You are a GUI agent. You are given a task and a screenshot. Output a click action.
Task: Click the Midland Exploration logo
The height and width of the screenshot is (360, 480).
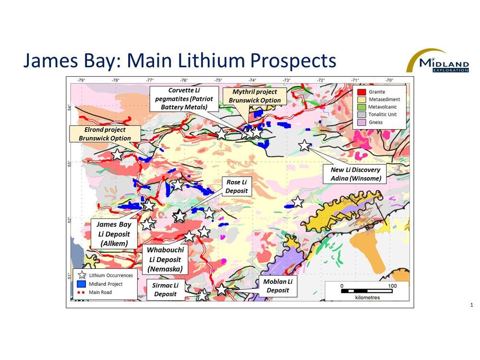438,61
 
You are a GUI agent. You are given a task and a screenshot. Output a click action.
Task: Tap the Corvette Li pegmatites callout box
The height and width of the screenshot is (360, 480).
184,99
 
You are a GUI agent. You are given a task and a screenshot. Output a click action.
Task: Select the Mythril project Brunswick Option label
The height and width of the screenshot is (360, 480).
254,96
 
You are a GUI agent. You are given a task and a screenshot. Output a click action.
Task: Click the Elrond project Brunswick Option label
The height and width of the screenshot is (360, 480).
105,134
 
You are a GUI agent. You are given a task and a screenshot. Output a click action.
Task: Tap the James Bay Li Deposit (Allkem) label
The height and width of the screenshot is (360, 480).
114,234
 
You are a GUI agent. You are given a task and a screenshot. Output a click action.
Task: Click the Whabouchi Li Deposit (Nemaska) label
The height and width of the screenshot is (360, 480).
165,259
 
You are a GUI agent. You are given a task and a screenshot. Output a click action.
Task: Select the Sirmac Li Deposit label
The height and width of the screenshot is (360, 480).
166,289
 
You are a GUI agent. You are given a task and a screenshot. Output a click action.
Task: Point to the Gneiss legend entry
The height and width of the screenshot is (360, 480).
374,122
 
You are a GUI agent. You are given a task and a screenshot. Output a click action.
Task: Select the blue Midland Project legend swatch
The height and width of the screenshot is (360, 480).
82,284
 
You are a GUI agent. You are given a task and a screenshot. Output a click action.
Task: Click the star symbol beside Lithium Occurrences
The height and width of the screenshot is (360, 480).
82,275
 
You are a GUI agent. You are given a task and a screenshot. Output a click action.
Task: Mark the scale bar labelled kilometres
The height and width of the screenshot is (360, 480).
367,290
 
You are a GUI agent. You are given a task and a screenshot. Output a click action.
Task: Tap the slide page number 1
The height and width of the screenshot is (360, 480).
472,305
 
